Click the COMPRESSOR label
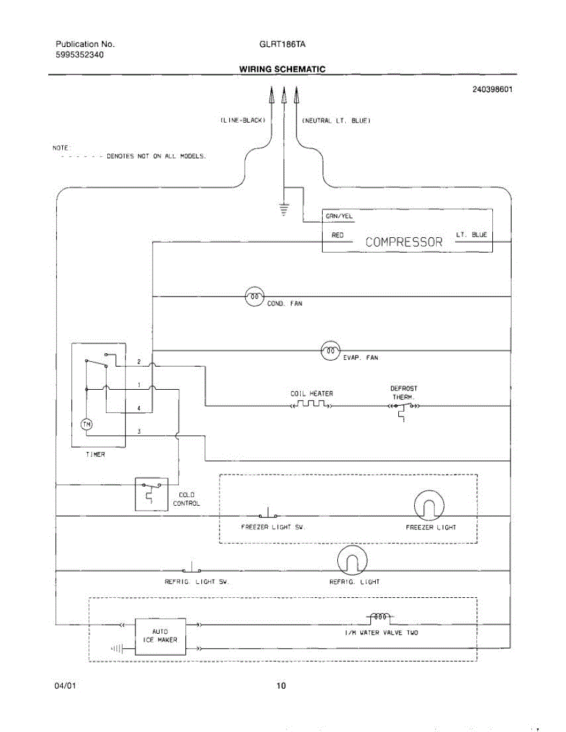click(x=404, y=242)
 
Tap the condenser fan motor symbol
click(x=254, y=296)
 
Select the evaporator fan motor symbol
click(x=331, y=351)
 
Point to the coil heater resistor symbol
click(x=311, y=404)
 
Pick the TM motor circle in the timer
click(x=87, y=425)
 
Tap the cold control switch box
click(x=151, y=494)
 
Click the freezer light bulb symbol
click(x=429, y=505)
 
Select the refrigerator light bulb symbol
click(x=352, y=561)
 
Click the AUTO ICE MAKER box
click(x=160, y=637)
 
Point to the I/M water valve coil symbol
click(x=380, y=617)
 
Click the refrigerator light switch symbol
click(x=192, y=568)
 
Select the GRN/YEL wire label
click(x=339, y=217)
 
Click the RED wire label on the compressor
click(x=337, y=235)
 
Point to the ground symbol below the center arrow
click(x=284, y=209)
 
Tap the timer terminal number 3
click(x=139, y=431)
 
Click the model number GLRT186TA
click(x=282, y=44)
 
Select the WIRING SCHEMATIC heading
click(x=282, y=69)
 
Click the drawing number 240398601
click(x=492, y=89)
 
